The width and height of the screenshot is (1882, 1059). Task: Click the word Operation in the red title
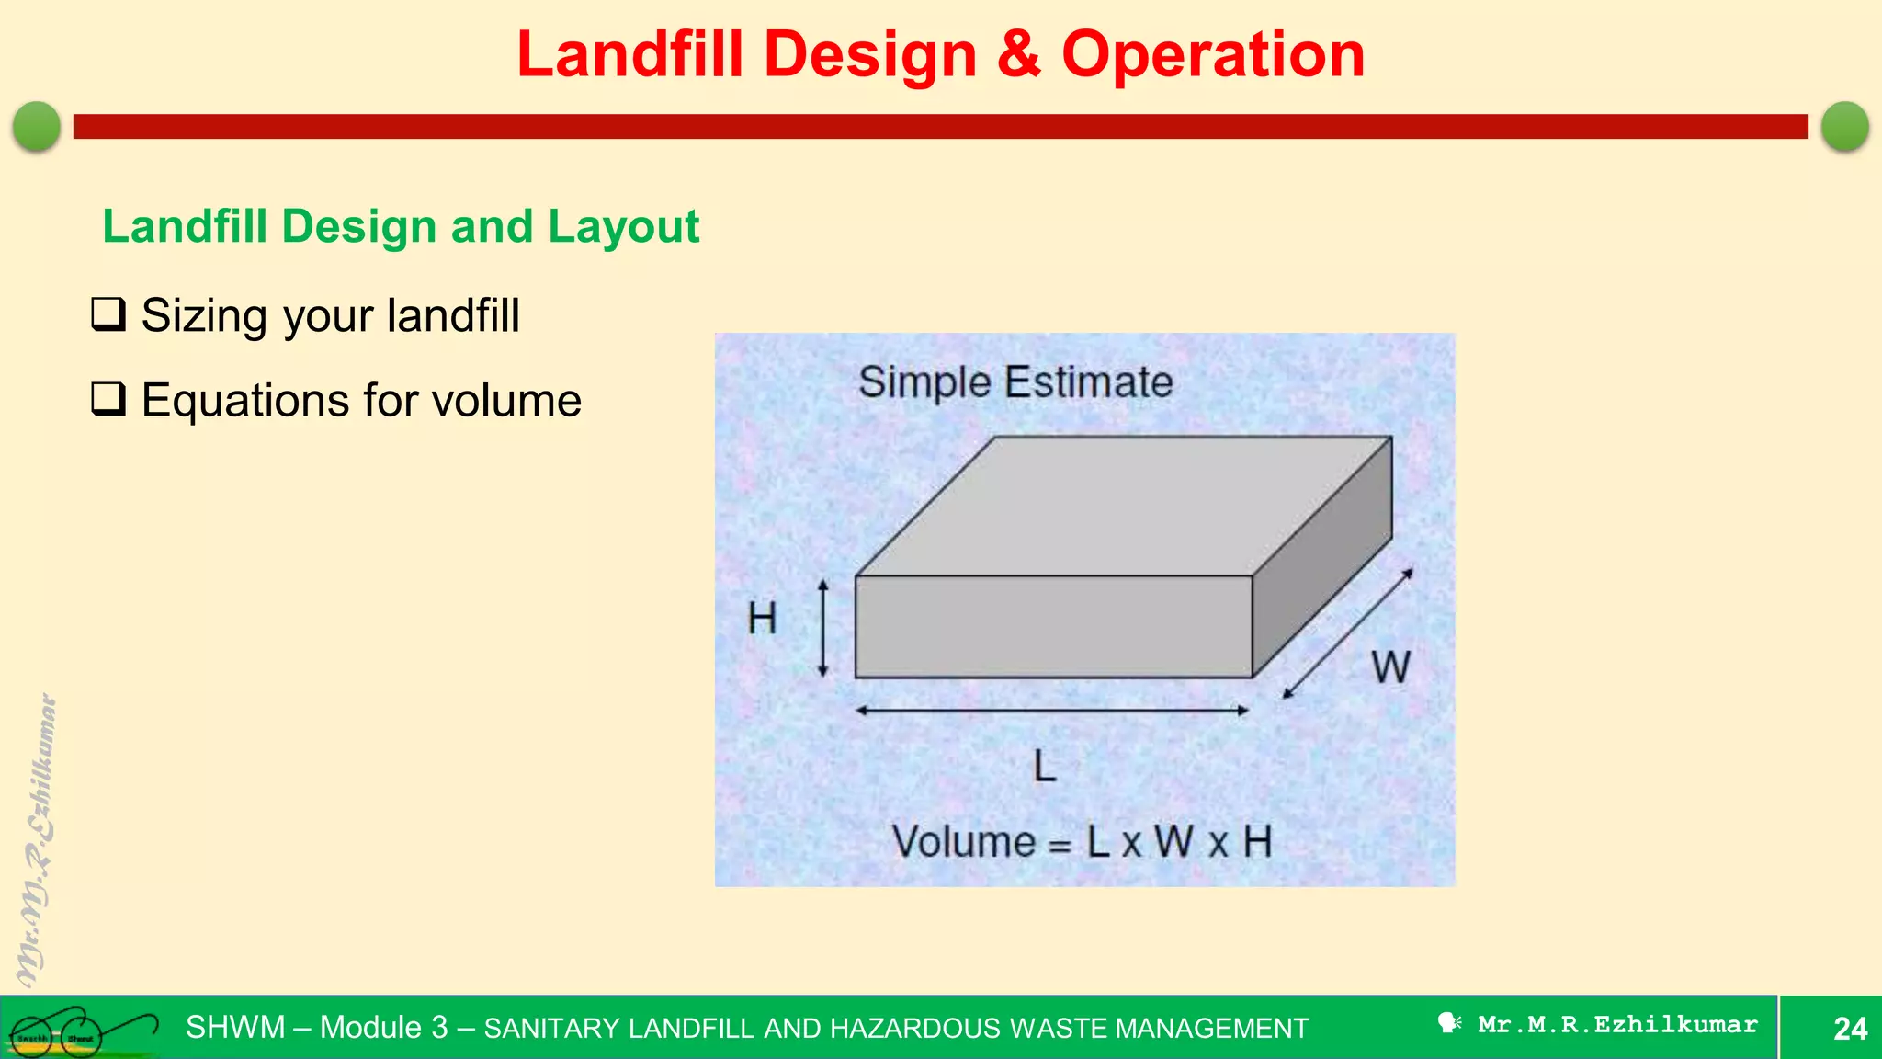pyautogui.click(x=1213, y=55)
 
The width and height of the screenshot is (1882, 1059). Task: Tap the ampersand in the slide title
pyautogui.click(x=1018, y=55)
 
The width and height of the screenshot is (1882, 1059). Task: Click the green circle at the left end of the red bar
pyautogui.click(x=37, y=126)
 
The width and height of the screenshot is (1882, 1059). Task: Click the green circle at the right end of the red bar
pyautogui.click(x=1844, y=126)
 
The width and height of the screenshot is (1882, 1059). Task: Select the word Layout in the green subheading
pyautogui.click(x=623, y=227)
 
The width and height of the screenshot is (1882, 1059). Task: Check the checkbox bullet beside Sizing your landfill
pyautogui.click(x=108, y=314)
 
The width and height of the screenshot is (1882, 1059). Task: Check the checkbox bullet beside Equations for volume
pyautogui.click(x=108, y=399)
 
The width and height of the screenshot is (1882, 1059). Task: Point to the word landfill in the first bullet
pyautogui.click(x=453, y=315)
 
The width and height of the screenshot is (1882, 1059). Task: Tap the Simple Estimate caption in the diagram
pyautogui.click(x=1015, y=381)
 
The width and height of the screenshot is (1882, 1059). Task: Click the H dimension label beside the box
pyautogui.click(x=762, y=619)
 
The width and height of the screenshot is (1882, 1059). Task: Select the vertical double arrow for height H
pyautogui.click(x=823, y=628)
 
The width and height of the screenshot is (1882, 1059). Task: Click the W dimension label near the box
pyautogui.click(x=1390, y=666)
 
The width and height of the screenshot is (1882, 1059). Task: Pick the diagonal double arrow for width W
pyautogui.click(x=1347, y=634)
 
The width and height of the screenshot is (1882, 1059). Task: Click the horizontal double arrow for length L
pyautogui.click(x=1051, y=711)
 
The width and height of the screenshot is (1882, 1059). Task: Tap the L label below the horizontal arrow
pyautogui.click(x=1045, y=766)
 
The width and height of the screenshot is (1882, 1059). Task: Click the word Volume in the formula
pyautogui.click(x=964, y=842)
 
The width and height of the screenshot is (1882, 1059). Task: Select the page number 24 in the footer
pyautogui.click(x=1849, y=1028)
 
